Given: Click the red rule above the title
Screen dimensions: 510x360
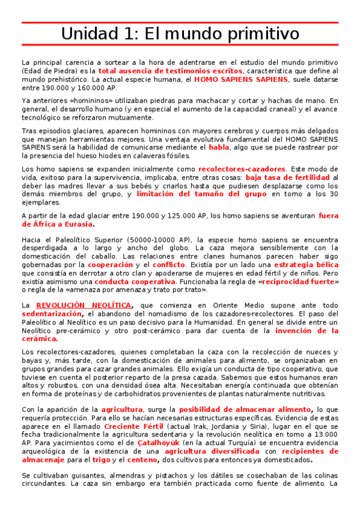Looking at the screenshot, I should click(180, 22).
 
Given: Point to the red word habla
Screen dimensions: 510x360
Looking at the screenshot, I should click(219, 147).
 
